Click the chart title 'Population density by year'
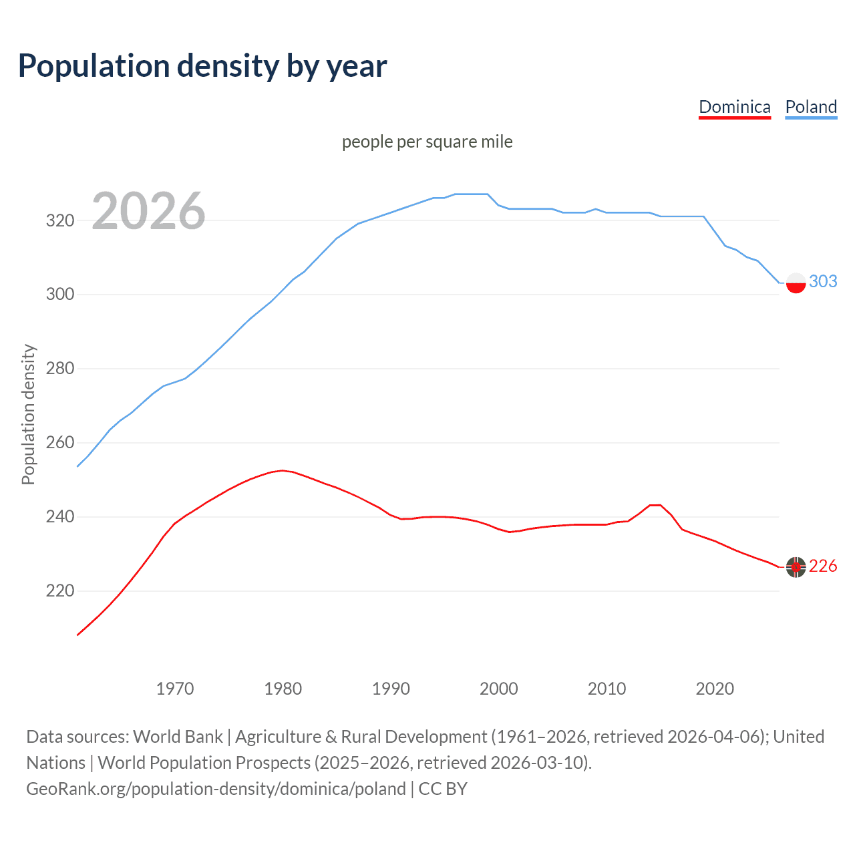click(202, 66)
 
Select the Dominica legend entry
click(734, 107)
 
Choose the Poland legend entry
click(811, 107)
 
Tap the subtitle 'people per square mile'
click(427, 142)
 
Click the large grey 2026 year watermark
click(148, 211)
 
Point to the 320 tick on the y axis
click(59, 220)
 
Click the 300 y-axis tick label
click(59, 295)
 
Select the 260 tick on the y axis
click(59, 443)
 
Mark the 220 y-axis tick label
click(59, 591)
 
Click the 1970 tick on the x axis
click(175, 689)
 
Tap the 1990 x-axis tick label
click(391, 689)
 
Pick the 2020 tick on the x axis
click(715, 689)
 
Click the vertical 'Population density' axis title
click(28, 414)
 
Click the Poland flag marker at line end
click(796, 283)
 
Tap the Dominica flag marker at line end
click(796, 567)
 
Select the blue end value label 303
click(823, 281)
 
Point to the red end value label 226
click(823, 566)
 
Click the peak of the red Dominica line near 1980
click(283, 470)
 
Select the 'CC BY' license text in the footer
click(443, 789)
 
